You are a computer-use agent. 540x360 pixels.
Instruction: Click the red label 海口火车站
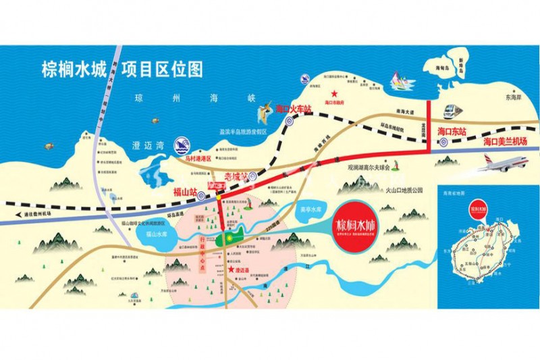(x=294, y=108)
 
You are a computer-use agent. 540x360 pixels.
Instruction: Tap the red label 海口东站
(x=452, y=131)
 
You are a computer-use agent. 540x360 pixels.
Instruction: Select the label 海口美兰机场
(x=505, y=140)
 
